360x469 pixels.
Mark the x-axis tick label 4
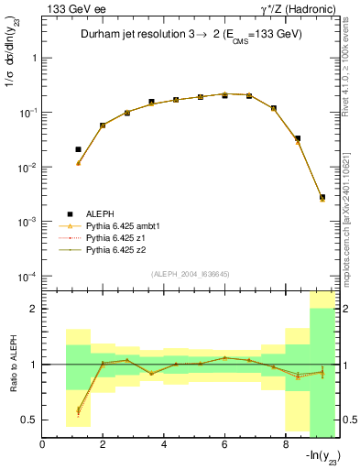pos(163,445)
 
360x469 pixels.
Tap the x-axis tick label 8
pos(285,445)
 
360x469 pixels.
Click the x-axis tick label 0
pos(42,445)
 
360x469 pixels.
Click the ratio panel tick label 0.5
pos(30,420)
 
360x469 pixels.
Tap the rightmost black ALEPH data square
pos(322,197)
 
